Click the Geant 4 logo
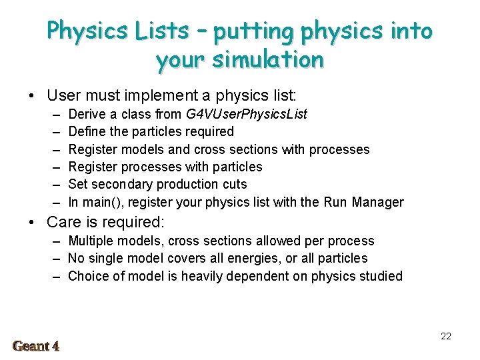point(36,346)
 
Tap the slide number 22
point(446,336)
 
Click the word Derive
point(86,114)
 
